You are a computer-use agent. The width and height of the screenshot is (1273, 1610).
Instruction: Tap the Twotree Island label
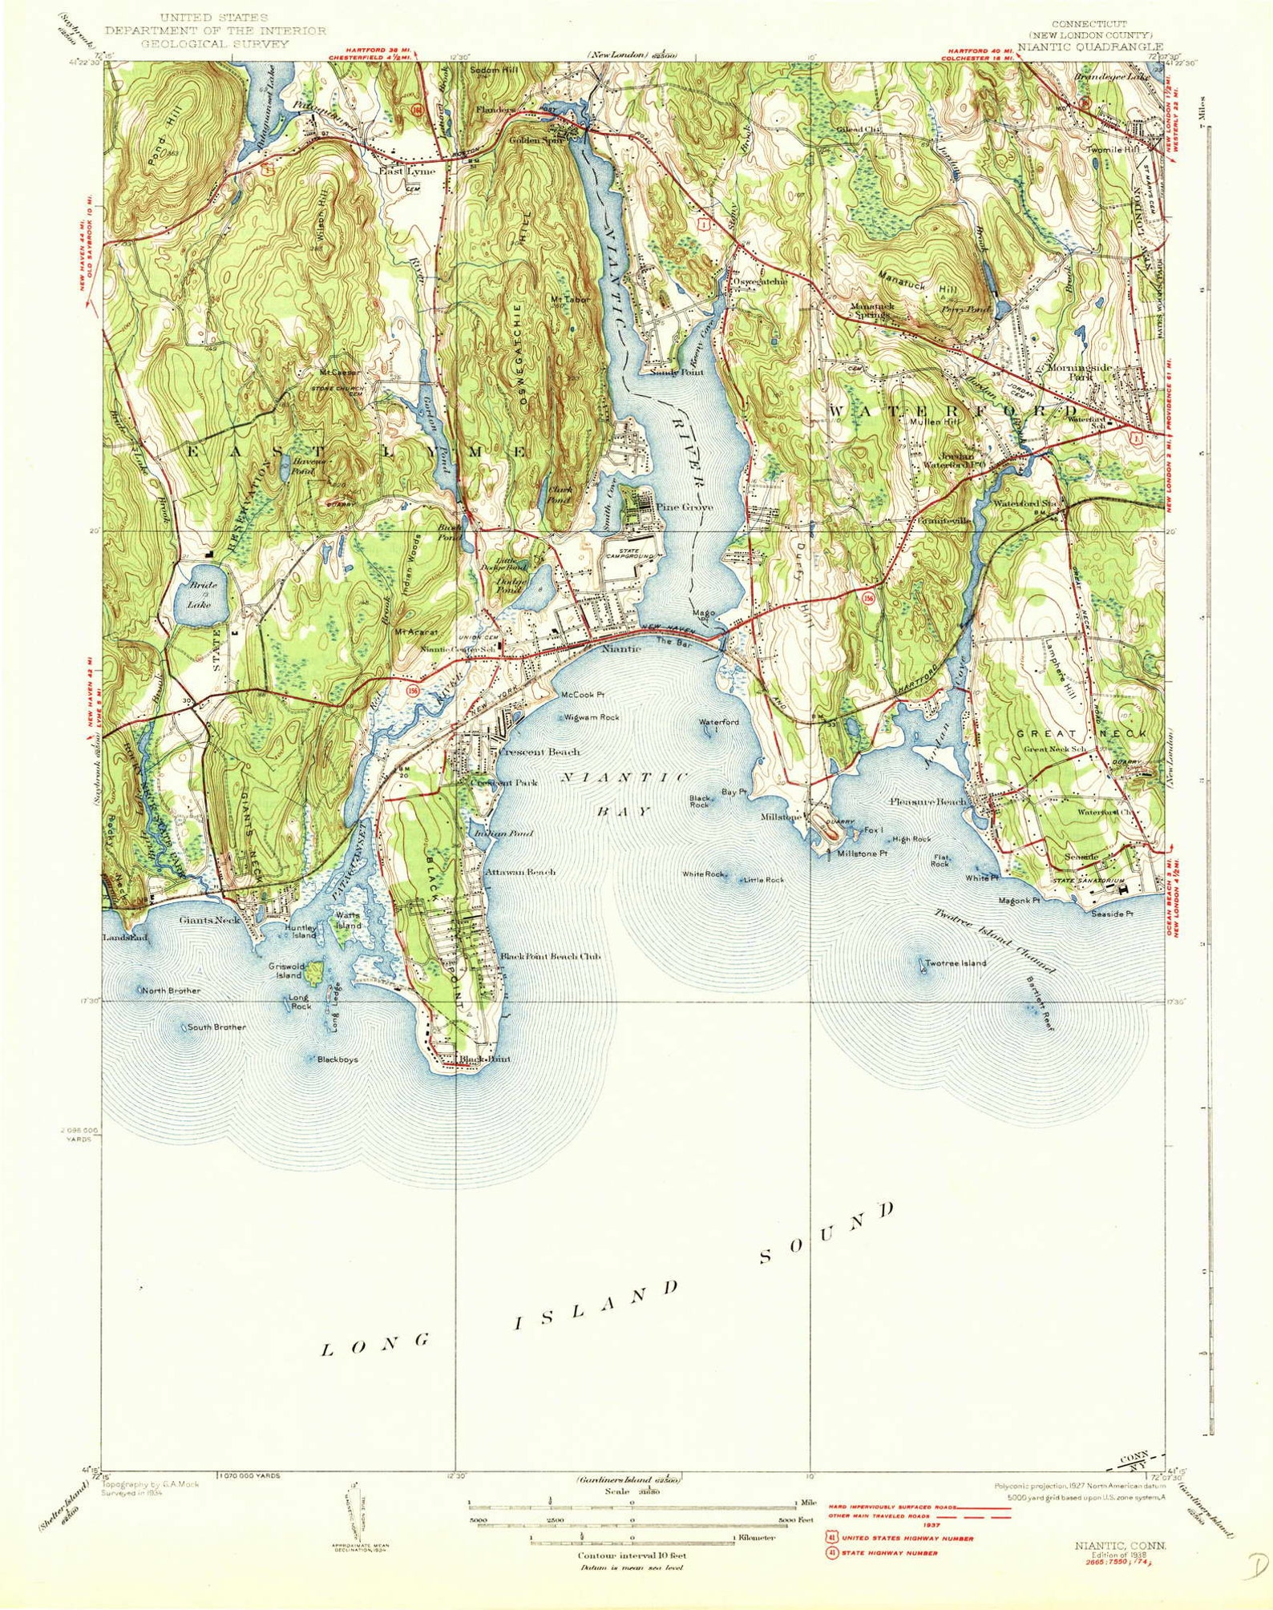956,963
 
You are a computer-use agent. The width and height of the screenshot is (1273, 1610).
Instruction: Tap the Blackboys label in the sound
337,1059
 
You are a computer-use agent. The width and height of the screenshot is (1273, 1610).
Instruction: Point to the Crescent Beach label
539,753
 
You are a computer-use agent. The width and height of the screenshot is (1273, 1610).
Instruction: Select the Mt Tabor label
570,299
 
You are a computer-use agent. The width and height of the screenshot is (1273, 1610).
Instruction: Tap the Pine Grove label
685,506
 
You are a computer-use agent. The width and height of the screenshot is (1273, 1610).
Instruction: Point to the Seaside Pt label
1112,913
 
